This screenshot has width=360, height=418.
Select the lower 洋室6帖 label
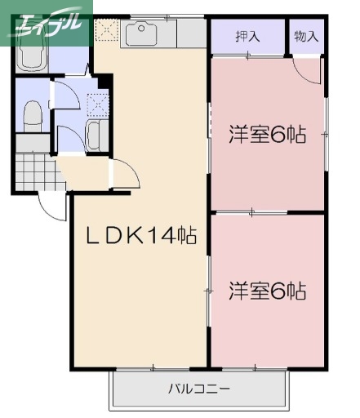pyautogui.click(x=266, y=290)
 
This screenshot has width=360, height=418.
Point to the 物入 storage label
pyautogui.click(x=306, y=36)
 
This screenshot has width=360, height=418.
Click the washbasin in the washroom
pyautogui.click(x=94, y=136)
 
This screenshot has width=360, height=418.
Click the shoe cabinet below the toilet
pyautogui.click(x=33, y=143)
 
